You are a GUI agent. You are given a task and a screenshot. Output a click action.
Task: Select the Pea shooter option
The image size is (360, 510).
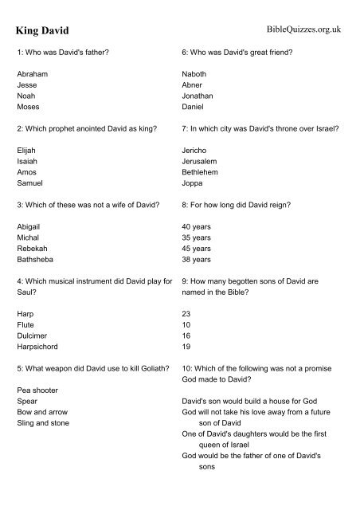click(37, 390)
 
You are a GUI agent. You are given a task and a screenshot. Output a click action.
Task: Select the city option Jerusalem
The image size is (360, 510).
click(202, 159)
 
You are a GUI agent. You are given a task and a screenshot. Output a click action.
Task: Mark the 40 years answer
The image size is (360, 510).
click(197, 226)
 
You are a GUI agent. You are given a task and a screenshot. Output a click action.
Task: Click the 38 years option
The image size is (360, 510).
click(197, 259)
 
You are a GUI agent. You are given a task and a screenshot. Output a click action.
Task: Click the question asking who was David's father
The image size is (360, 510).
click(63, 53)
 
